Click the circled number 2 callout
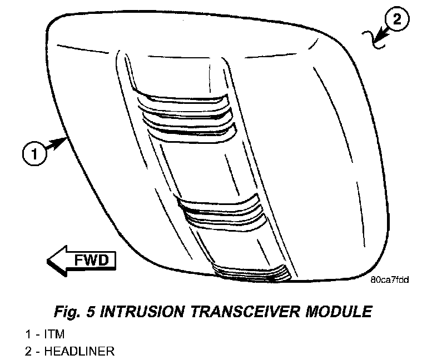point(396,21)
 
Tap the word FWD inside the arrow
point(91,259)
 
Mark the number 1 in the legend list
point(28,334)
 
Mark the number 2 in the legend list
point(28,351)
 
